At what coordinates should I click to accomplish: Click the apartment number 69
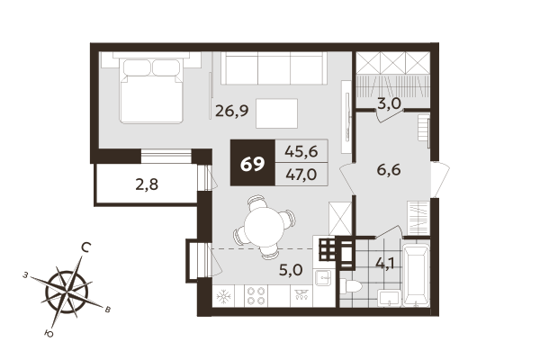pos(253,164)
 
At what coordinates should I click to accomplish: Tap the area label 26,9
pos(231,112)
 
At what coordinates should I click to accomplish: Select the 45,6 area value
pos(300,152)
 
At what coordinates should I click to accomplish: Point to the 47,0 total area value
pos(300,175)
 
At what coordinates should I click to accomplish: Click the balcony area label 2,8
pos(146,185)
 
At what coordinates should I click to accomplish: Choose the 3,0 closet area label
pos(389,103)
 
